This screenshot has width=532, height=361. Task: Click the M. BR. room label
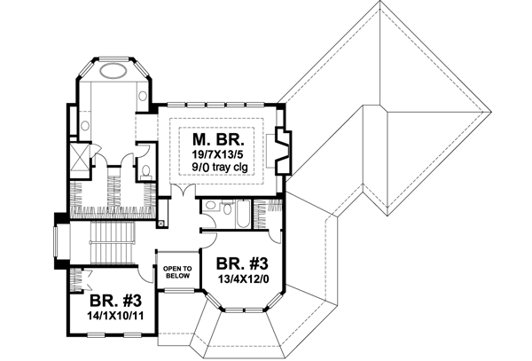218,141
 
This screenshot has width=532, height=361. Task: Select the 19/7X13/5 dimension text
218,157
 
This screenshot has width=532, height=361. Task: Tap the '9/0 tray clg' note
218,172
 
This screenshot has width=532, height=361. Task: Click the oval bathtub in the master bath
113,72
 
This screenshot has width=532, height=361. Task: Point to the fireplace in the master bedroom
284,150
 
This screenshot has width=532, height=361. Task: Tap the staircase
110,243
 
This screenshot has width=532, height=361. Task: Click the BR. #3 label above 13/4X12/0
243,264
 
